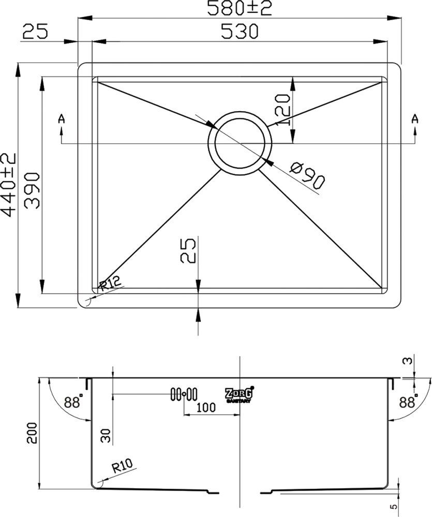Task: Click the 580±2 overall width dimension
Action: (x=239, y=8)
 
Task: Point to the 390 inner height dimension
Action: (x=33, y=190)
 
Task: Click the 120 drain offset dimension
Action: (x=283, y=110)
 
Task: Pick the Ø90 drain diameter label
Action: (x=307, y=176)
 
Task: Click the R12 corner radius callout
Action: (x=110, y=283)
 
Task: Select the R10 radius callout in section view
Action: (x=122, y=466)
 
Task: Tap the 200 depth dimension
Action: (x=33, y=433)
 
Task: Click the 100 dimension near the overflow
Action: (x=206, y=407)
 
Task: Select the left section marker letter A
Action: (x=61, y=119)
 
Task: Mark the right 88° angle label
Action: (x=408, y=401)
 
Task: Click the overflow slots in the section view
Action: (x=184, y=393)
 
